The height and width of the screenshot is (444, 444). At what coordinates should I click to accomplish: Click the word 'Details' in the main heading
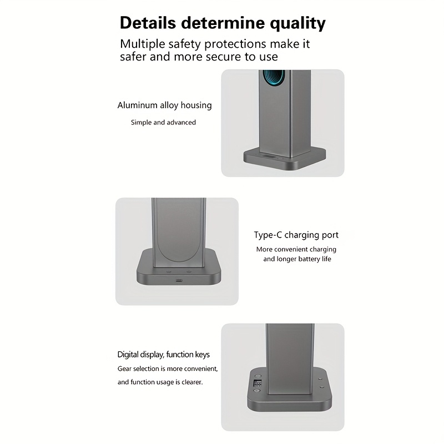148,23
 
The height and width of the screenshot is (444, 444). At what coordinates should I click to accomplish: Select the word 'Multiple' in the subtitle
143,44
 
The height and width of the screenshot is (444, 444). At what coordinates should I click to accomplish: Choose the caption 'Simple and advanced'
163,122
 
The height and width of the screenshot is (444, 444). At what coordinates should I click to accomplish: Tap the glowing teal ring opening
274,77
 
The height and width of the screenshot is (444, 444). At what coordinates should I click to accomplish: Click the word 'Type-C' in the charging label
268,235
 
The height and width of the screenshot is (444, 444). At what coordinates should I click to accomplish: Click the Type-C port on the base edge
179,281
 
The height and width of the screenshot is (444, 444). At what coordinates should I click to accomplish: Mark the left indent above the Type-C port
169,271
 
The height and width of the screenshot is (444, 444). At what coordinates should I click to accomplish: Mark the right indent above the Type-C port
189,271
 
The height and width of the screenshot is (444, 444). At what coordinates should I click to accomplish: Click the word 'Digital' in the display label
128,355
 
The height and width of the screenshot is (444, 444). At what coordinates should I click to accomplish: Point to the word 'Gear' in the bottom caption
124,369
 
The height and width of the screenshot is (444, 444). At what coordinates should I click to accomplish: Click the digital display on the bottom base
258,384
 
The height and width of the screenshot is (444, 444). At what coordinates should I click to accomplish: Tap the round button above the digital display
257,377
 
